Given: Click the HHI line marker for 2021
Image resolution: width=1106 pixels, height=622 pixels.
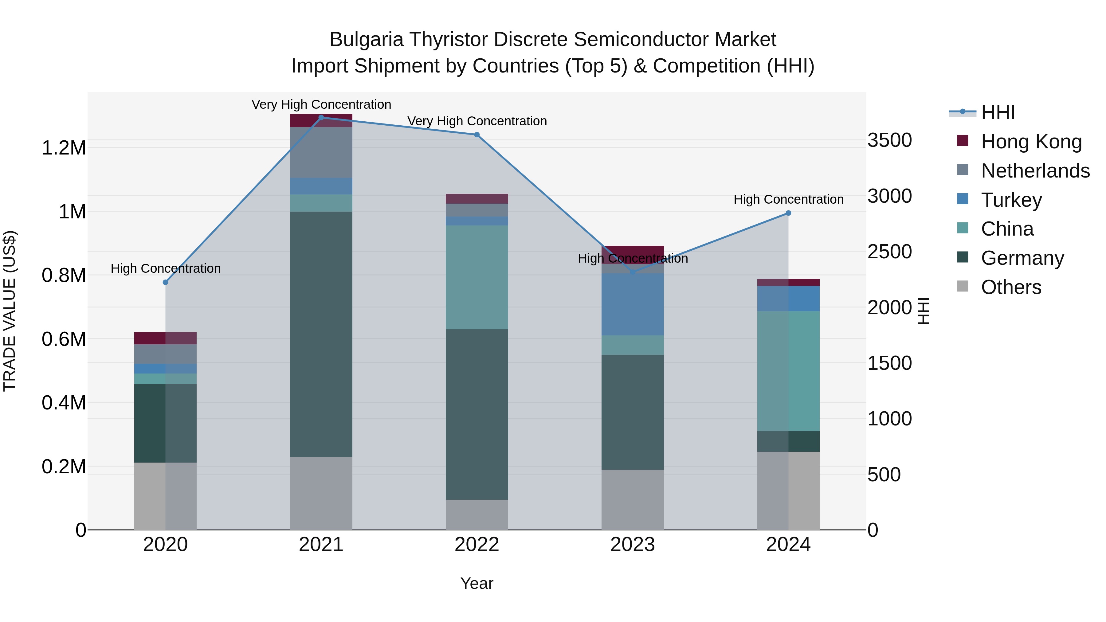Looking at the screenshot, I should click(321, 117).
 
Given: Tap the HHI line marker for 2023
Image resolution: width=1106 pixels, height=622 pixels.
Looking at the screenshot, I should click(633, 272).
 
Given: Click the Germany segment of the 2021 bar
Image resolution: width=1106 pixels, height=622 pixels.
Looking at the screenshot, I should click(321, 334).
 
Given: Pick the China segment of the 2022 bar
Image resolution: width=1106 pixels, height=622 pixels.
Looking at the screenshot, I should click(477, 277).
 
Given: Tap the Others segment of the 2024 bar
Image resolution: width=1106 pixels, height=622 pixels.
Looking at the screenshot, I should click(788, 490).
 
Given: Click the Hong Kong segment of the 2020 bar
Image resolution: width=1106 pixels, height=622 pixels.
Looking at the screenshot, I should click(165, 338).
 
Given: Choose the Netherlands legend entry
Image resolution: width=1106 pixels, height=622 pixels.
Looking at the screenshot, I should click(1035, 170).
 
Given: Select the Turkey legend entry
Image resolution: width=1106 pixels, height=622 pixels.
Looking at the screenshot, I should click(1011, 200).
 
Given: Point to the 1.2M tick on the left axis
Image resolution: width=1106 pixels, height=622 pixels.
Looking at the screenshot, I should click(64, 148).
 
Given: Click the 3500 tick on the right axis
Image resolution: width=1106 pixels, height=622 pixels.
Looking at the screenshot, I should click(890, 140).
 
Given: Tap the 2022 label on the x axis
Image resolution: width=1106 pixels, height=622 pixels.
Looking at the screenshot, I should click(477, 545).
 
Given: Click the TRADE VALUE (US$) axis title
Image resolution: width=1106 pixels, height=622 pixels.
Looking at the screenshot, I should click(10, 311).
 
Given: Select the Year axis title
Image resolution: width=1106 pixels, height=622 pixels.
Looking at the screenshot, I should click(477, 583).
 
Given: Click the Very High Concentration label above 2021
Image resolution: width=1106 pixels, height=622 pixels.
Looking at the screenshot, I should click(321, 104).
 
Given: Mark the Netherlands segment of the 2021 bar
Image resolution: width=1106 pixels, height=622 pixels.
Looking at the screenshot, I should click(321, 152).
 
